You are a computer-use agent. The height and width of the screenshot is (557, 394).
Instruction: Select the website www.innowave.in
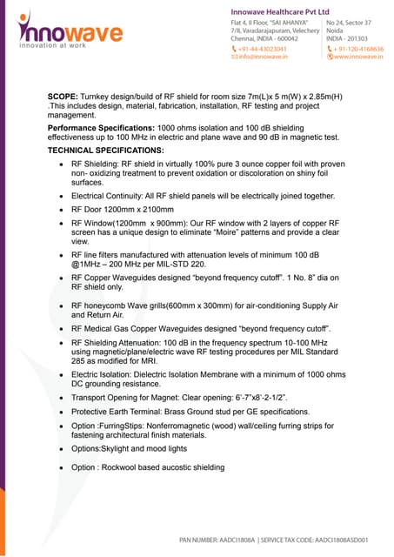point(358,57)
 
